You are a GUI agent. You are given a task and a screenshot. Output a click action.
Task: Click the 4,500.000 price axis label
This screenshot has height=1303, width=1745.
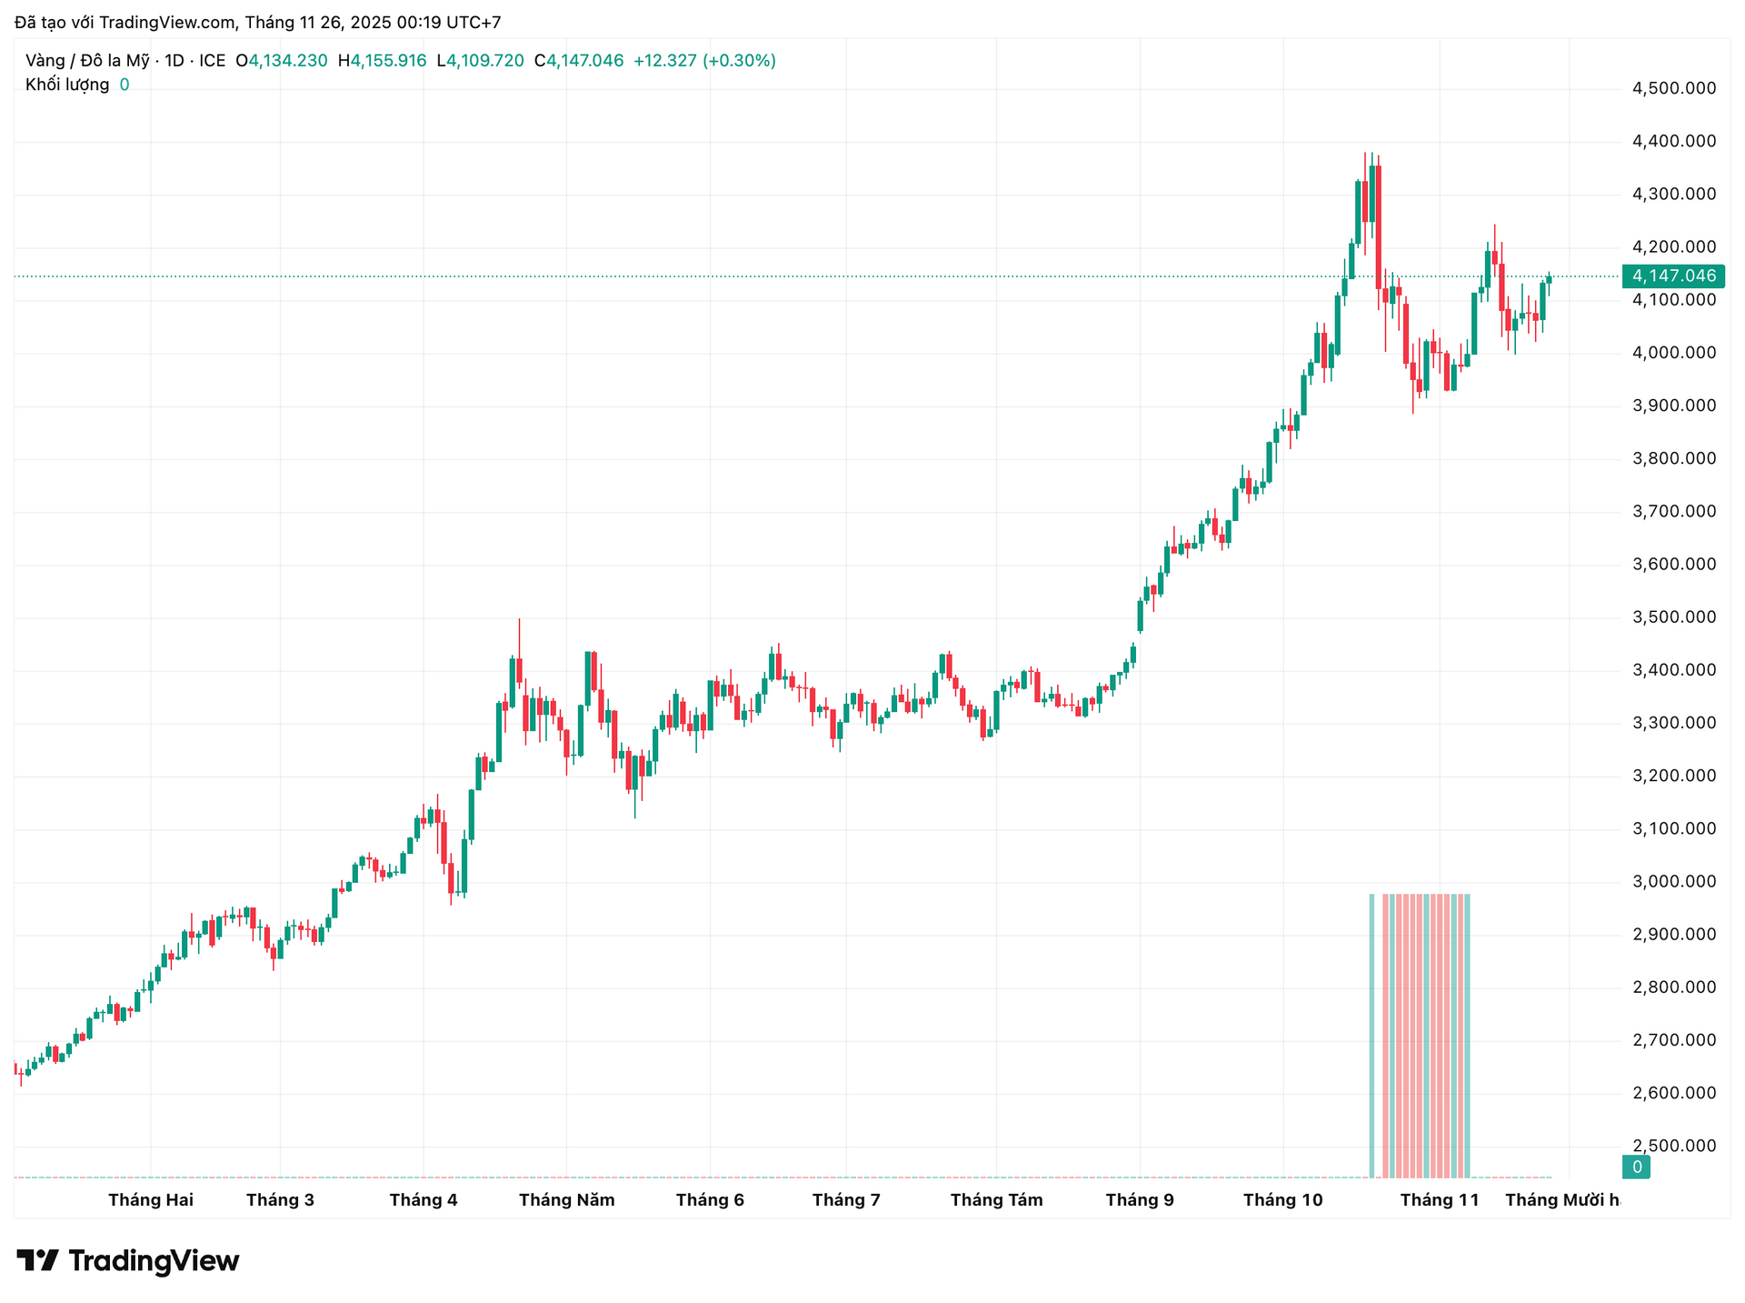pyautogui.click(x=1674, y=88)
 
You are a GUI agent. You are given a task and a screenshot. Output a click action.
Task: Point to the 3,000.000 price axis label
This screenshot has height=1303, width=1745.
pyautogui.click(x=1674, y=881)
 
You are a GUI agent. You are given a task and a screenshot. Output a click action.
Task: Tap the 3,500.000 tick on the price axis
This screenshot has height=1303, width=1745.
pyautogui.click(x=1674, y=617)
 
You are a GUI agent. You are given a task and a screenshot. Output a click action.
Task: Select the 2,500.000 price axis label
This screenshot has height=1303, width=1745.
pyautogui.click(x=1674, y=1146)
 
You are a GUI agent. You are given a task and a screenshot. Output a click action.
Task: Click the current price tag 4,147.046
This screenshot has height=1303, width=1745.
pyautogui.click(x=1673, y=276)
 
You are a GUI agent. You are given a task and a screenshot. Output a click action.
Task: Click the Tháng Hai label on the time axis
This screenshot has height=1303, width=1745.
pyautogui.click(x=151, y=1200)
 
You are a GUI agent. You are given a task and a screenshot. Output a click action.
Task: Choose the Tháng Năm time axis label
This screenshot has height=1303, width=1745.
pyautogui.click(x=566, y=1200)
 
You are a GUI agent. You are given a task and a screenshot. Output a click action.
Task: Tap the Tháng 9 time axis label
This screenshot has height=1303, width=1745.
pyautogui.click(x=1140, y=1200)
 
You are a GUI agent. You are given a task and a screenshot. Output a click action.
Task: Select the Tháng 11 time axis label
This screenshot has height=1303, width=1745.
pyautogui.click(x=1440, y=1200)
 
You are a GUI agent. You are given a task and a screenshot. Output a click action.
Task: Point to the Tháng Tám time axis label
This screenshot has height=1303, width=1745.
pyautogui.click(x=996, y=1200)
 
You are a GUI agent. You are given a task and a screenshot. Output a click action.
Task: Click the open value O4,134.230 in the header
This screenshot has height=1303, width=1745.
pyautogui.click(x=282, y=61)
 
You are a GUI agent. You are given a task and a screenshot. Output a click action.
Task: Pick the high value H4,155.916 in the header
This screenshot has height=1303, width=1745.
pyautogui.click(x=382, y=61)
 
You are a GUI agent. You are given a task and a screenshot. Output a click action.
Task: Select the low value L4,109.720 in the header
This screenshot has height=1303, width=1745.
pyautogui.click(x=480, y=61)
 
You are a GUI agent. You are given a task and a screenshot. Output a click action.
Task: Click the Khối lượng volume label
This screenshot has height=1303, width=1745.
pyautogui.click(x=67, y=85)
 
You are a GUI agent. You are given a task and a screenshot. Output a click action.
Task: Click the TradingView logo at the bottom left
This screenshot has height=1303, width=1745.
pyautogui.click(x=128, y=1261)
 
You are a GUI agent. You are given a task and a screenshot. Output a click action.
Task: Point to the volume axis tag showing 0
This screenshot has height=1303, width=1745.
pyautogui.click(x=1636, y=1168)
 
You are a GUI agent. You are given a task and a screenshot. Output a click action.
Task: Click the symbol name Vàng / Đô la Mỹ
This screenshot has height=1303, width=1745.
pyautogui.click(x=87, y=61)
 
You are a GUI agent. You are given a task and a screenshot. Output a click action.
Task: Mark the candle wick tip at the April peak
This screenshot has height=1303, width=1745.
pyautogui.click(x=519, y=620)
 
